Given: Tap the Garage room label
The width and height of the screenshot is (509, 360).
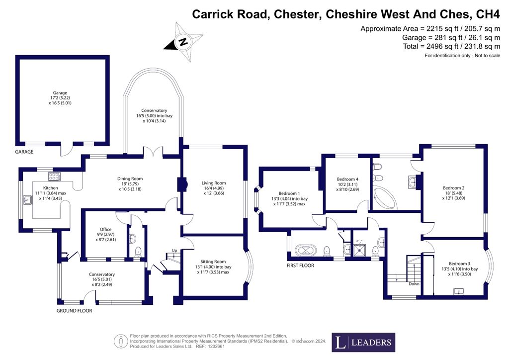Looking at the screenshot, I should pyautogui.click(x=60, y=92).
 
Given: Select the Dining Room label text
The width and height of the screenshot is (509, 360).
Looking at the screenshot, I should pyautogui.click(x=130, y=179).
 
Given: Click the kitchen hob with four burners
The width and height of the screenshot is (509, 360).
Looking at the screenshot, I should pyautogui.click(x=54, y=177).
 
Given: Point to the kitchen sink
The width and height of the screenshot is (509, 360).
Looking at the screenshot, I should pyautogui.click(x=27, y=200).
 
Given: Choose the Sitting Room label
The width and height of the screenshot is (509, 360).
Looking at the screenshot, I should pyautogui.click(x=213, y=262).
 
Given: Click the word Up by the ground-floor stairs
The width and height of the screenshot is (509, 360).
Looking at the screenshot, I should pyautogui.click(x=174, y=250).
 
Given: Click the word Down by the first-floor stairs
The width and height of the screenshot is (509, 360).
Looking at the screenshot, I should pyautogui.click(x=413, y=284).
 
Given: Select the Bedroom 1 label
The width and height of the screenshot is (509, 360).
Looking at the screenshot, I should pyautogui.click(x=289, y=193).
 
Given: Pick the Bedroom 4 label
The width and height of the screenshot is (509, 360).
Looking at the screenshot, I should pyautogui.click(x=347, y=179).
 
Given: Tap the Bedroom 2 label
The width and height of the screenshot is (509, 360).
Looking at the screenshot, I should pyautogui.click(x=453, y=188).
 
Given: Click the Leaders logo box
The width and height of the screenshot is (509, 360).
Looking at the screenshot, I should pyautogui.click(x=364, y=342).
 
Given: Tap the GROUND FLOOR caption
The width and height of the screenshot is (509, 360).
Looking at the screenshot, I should pyautogui.click(x=74, y=311).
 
